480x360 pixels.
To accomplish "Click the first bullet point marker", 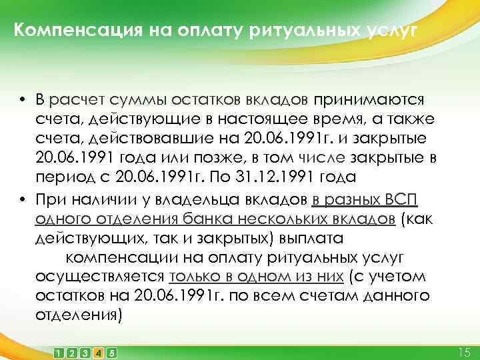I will tap(22, 100).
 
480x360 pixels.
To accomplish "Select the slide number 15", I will tap(465, 351).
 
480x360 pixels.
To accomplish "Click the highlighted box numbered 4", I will tap(99, 351).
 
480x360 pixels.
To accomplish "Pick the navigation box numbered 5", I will tap(112, 351).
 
